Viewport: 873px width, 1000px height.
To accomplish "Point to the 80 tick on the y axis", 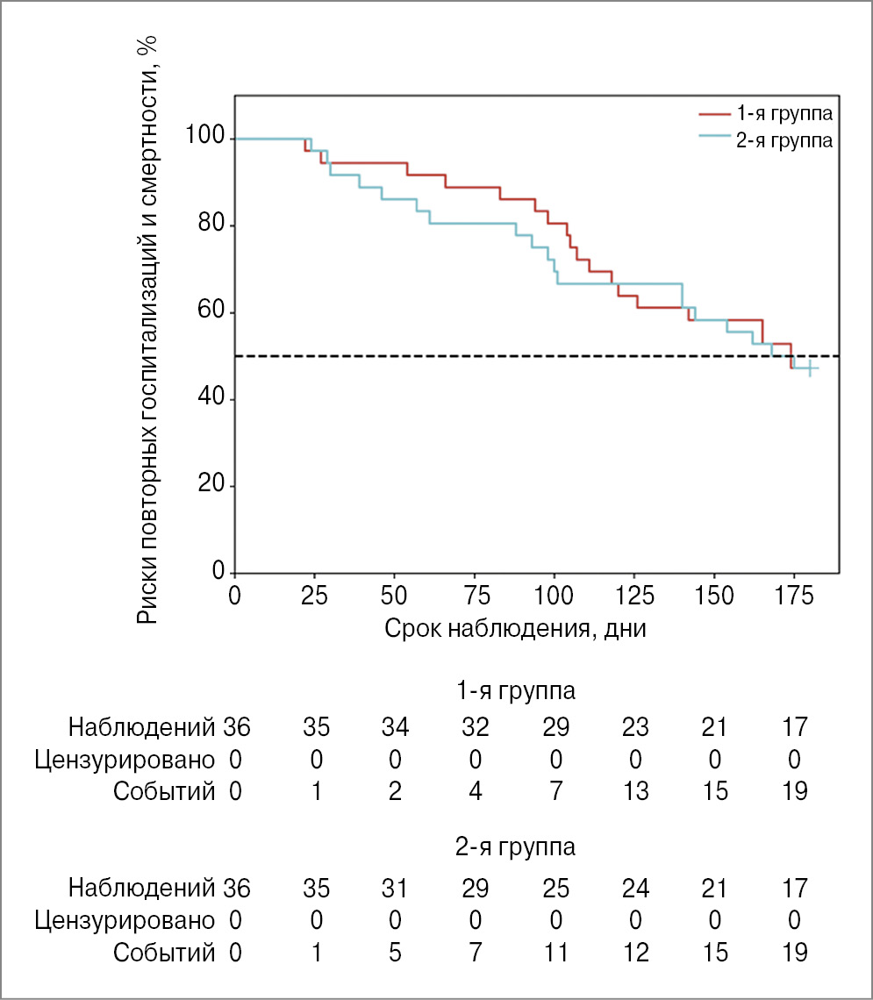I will pyautogui.click(x=206, y=225).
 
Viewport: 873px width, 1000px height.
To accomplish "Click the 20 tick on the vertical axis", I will pyautogui.click(x=206, y=486).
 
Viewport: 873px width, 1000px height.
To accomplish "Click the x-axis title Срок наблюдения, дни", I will pyautogui.click(x=515, y=629).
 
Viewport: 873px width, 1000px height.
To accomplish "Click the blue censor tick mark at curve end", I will pyautogui.click(x=810, y=369).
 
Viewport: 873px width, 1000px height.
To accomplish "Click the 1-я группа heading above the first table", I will pyautogui.click(x=515, y=691).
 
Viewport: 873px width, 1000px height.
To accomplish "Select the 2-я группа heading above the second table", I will pyautogui.click(x=515, y=848).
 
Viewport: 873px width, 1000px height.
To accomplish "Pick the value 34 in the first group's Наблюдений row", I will pyautogui.click(x=395, y=726).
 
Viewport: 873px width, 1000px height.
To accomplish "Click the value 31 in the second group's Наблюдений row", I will pyautogui.click(x=395, y=889).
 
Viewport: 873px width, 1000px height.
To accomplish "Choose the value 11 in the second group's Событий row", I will pyautogui.click(x=555, y=954).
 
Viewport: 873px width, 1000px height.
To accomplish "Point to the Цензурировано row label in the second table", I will pyautogui.click(x=125, y=921).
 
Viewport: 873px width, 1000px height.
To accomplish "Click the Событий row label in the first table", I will pyautogui.click(x=164, y=791).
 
